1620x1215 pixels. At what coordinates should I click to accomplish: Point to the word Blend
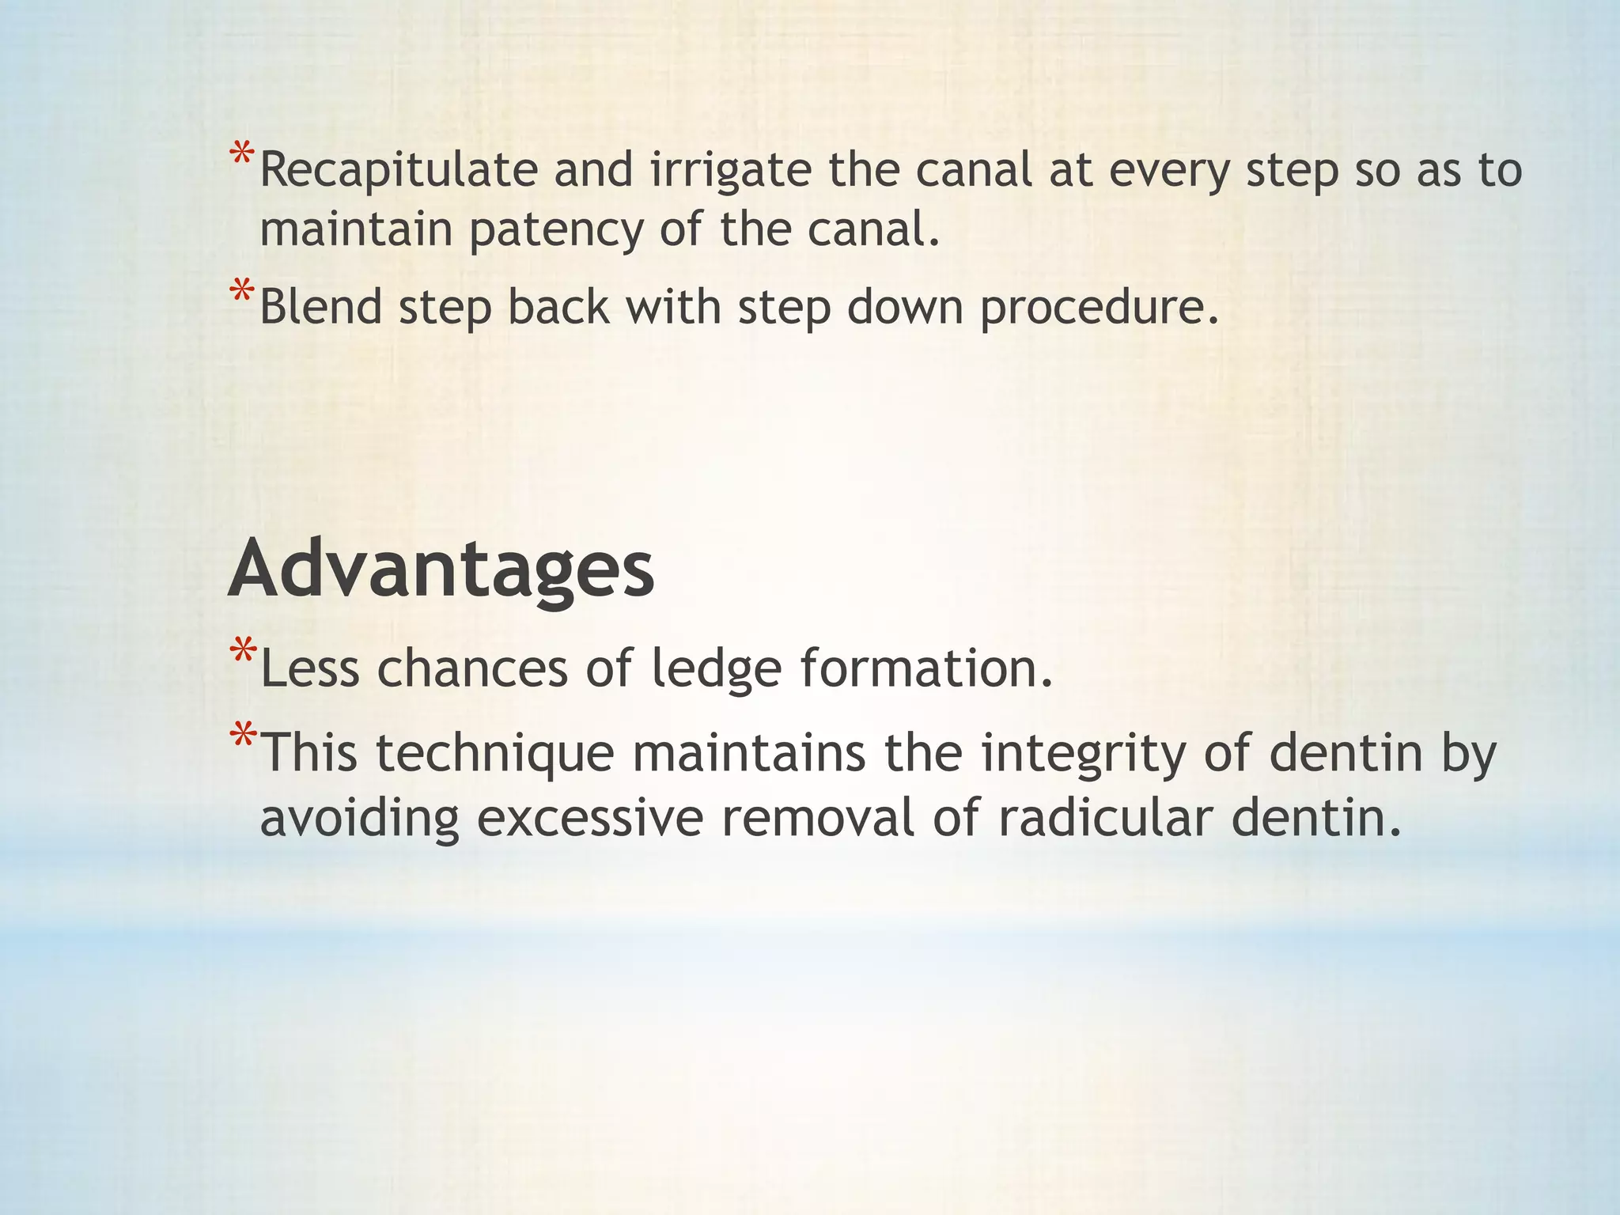click(x=320, y=307)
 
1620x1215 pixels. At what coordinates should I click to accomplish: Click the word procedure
click(x=1099, y=308)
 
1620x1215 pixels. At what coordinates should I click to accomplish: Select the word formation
click(x=926, y=668)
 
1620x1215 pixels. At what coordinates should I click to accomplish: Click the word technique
click(x=494, y=754)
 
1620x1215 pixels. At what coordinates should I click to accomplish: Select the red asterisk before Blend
click(x=242, y=292)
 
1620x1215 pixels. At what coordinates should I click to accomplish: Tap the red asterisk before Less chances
click(x=242, y=653)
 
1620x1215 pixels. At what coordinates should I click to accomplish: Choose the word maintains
click(x=748, y=754)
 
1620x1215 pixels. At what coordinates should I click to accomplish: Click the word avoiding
click(x=359, y=819)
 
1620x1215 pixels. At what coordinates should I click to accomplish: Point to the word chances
click(x=472, y=669)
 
